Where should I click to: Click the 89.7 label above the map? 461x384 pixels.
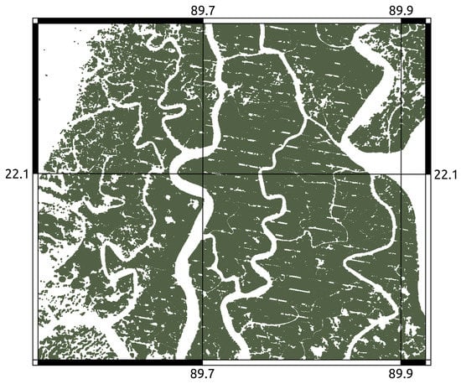point(204,9)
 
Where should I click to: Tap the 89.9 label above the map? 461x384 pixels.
point(403,9)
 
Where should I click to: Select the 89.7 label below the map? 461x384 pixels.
point(204,375)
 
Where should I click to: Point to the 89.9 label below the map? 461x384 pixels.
point(403,375)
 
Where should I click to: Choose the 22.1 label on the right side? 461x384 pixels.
point(444,174)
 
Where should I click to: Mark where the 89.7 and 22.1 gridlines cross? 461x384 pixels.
point(204,174)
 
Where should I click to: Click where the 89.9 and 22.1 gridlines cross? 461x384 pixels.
point(402,174)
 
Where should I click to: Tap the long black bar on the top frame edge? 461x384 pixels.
point(118,21)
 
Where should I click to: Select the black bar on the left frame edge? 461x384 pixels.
point(35,97)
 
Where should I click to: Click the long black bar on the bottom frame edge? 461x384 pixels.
point(118,362)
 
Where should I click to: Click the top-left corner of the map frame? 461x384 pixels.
point(33,19)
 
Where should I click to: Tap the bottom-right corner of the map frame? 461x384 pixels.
point(430,365)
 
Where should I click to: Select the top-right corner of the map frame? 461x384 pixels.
point(430,19)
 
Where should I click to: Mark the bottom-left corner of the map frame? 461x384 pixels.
point(33,365)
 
